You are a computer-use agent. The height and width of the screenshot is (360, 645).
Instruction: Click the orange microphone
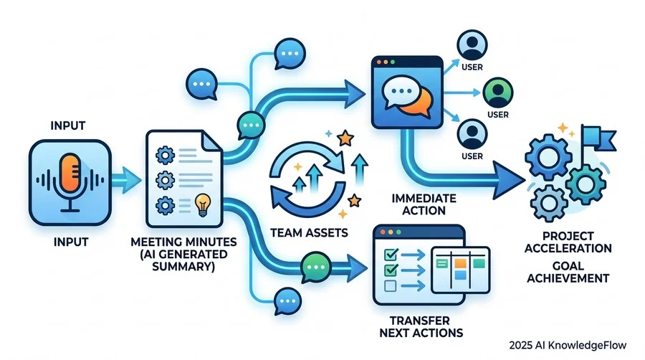click(x=70, y=173)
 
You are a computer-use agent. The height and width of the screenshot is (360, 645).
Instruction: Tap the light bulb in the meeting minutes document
click(x=202, y=205)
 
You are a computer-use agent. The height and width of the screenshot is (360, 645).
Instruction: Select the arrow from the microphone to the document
click(x=126, y=180)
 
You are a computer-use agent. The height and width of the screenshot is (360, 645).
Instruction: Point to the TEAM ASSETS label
click(x=309, y=233)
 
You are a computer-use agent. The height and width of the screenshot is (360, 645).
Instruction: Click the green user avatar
click(x=498, y=93)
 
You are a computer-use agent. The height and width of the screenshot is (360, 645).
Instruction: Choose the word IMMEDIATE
click(x=424, y=199)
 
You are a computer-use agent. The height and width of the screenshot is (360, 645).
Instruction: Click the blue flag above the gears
click(x=599, y=138)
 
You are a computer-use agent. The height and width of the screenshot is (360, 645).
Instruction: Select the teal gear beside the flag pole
click(x=586, y=185)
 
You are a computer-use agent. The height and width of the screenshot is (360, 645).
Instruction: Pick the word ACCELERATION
click(x=568, y=249)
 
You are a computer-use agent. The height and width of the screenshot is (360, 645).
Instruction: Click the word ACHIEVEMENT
click(x=568, y=278)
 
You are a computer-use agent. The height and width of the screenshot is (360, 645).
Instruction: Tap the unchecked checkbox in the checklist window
click(x=390, y=285)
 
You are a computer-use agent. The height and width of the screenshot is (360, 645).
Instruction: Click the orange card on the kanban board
click(x=460, y=263)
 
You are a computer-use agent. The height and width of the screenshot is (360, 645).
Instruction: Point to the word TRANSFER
click(x=419, y=321)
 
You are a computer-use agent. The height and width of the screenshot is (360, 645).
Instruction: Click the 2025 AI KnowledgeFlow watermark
click(x=568, y=345)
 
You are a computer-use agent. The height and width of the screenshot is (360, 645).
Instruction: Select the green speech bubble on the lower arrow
click(x=316, y=267)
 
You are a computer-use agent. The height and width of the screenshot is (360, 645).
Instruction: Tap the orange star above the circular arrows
click(x=345, y=138)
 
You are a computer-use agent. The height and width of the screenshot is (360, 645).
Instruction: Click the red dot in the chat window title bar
click(x=379, y=62)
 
